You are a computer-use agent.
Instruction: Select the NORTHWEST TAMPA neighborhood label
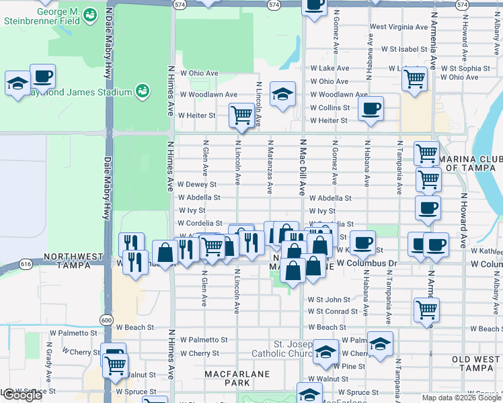pos(73,261)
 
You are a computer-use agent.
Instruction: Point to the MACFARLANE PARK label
pos(237,378)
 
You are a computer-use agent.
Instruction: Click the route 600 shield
pos(106,320)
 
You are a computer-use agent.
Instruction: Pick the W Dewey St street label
pos(197,184)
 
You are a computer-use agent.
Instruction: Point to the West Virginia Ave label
pos(399,28)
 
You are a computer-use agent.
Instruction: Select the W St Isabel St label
pos(403,49)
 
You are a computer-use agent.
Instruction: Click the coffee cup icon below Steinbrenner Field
pos(42,76)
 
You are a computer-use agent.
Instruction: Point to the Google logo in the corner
pos(22,396)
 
